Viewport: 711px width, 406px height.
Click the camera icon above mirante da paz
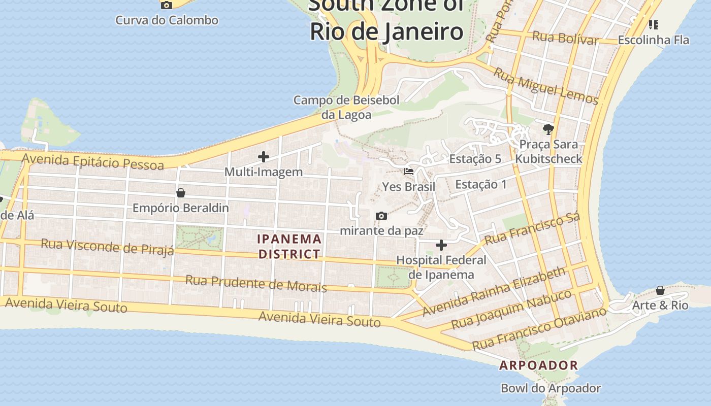(x=381, y=216)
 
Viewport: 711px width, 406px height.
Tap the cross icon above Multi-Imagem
(x=263, y=157)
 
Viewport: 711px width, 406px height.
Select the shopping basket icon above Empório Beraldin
(x=180, y=193)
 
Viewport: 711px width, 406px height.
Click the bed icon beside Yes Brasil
(x=409, y=172)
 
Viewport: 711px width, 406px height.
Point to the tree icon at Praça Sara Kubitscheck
(x=548, y=129)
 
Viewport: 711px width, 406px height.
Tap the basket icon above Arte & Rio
(x=660, y=290)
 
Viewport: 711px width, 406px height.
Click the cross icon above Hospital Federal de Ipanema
(x=441, y=246)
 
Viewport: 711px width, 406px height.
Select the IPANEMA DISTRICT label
(x=289, y=246)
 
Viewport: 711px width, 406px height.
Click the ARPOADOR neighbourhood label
(x=538, y=365)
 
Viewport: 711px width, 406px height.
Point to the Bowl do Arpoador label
(x=551, y=388)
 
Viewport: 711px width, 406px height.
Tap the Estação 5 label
(x=475, y=159)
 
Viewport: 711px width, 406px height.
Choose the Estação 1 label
(x=480, y=184)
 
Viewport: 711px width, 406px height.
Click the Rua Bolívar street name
(x=565, y=38)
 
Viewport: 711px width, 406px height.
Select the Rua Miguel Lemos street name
(x=546, y=86)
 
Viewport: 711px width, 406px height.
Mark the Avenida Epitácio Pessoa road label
(x=93, y=162)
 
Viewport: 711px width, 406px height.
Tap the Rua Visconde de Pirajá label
(x=107, y=246)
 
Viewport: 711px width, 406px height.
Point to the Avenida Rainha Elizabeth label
(x=494, y=291)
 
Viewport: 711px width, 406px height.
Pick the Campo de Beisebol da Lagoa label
(x=346, y=108)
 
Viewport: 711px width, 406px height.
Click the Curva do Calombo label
(x=167, y=20)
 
